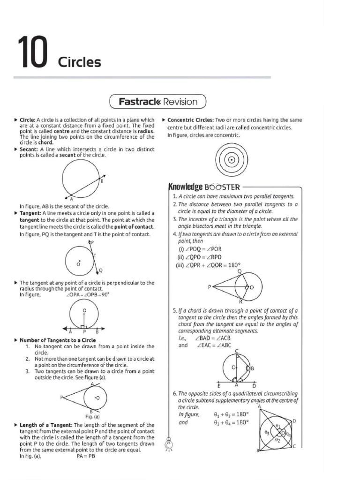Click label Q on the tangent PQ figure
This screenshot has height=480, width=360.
pyautogui.click(x=101, y=271)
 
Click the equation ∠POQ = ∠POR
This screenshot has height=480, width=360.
pyautogui.click(x=199, y=249)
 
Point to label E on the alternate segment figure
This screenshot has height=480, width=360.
pyautogui.click(x=219, y=385)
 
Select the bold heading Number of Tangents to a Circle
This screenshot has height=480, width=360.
pyautogui.click(x=58, y=340)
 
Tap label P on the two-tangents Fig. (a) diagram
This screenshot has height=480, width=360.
pyautogui.click(x=61, y=397)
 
